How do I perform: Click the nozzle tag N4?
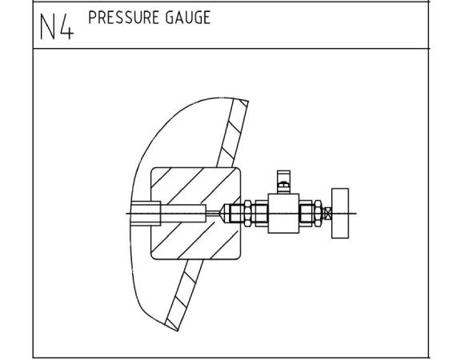57,26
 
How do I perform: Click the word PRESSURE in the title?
123,18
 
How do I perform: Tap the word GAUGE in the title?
188,18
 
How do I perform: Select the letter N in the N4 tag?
48,26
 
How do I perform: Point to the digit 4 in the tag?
66,26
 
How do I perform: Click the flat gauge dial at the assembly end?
340,214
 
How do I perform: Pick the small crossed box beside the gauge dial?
327,214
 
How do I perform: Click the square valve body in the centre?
283,214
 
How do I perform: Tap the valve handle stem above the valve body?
283,182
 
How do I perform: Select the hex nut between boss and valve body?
248,214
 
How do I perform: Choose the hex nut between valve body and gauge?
318,214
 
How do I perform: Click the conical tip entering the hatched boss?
226,214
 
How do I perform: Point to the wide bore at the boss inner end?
145,214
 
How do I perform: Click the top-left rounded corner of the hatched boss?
153,170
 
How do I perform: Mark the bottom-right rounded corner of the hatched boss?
239,258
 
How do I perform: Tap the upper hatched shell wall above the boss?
233,133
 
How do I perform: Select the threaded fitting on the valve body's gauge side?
307,214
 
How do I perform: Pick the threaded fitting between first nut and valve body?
261,214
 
